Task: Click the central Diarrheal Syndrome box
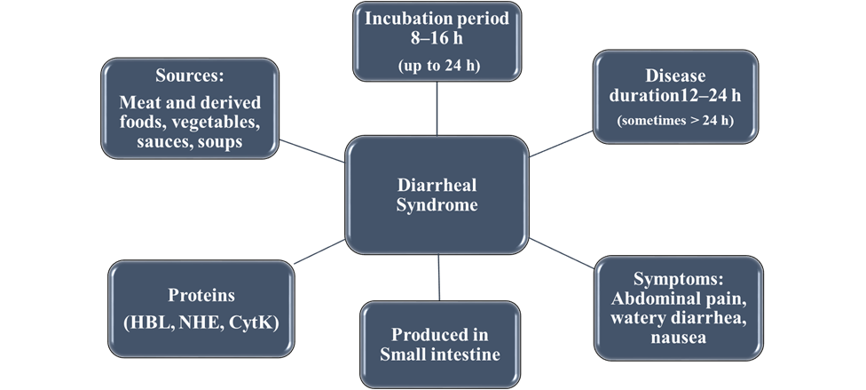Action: click(x=437, y=195)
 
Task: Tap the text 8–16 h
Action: click(x=437, y=40)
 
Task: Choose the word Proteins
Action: click(x=201, y=295)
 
